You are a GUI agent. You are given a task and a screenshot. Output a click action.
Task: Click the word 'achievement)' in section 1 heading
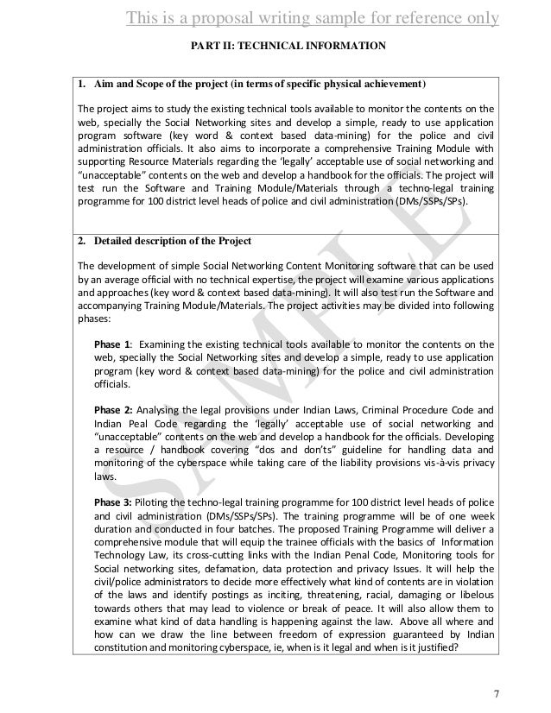coord(396,86)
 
